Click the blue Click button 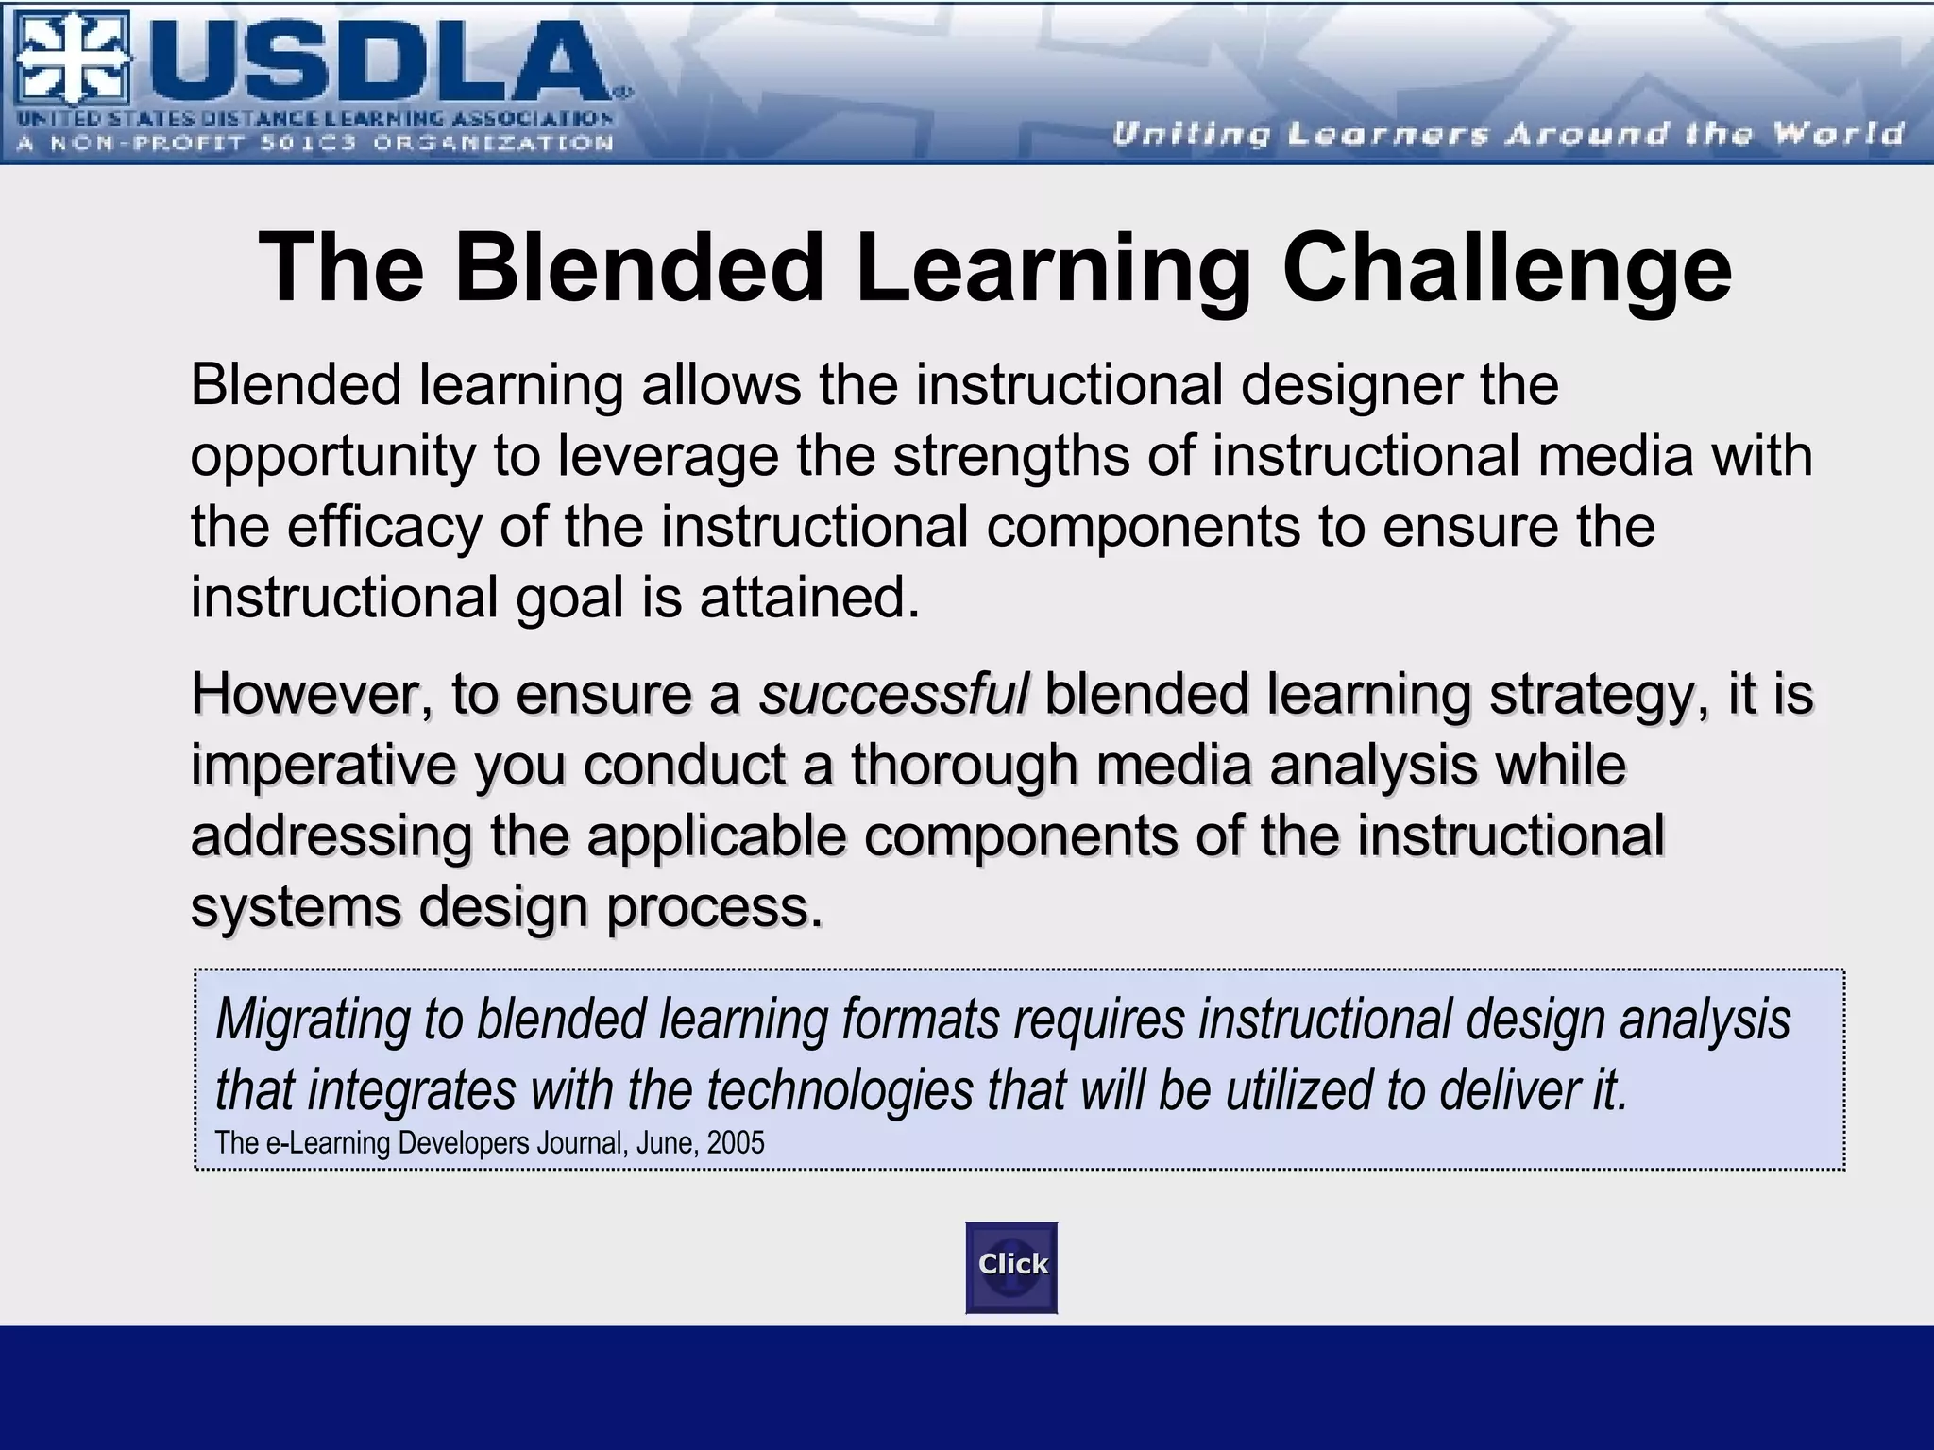click(1011, 1267)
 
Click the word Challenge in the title click(1506, 269)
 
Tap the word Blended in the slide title click(639, 269)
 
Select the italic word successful click(893, 694)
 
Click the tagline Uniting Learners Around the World click(1508, 134)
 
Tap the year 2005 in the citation click(736, 1143)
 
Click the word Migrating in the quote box click(312, 1020)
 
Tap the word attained click(809, 599)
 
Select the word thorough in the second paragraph click(963, 766)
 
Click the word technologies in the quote click(840, 1091)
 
